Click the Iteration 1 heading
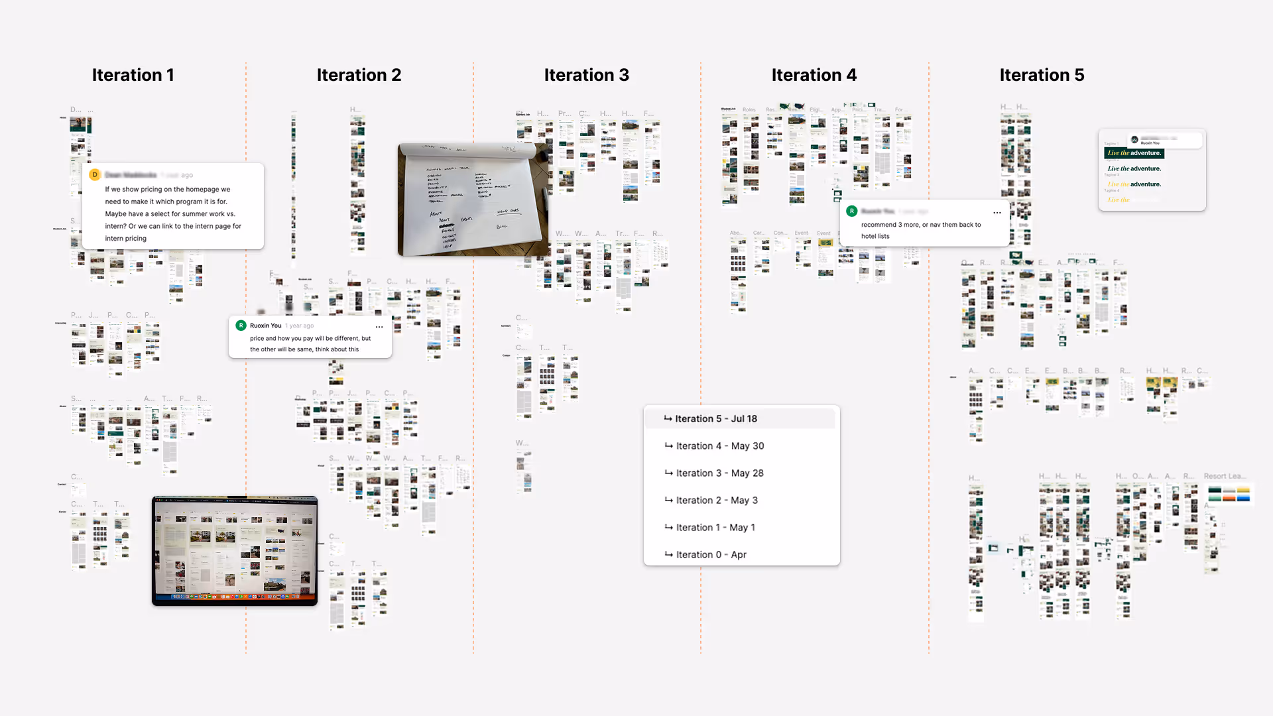pos(133,75)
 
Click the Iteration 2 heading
pos(359,75)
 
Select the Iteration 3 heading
pos(586,75)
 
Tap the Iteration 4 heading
pos(814,75)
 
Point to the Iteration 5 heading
pos(1042,75)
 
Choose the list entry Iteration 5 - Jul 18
pos(716,419)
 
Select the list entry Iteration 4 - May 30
pos(719,446)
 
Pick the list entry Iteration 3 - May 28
pos(719,473)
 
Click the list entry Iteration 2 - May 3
pos(717,501)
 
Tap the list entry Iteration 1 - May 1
pos(715,528)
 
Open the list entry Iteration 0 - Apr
pos(711,555)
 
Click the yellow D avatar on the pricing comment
pos(95,175)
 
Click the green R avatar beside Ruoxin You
pos(241,326)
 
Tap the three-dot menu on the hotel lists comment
pos(997,213)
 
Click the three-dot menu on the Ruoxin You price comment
pos(379,327)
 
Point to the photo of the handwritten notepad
pos(473,200)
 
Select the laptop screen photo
pos(235,550)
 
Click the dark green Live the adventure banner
pos(1134,153)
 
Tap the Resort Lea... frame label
pos(1224,477)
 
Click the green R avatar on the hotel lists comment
pos(852,211)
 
